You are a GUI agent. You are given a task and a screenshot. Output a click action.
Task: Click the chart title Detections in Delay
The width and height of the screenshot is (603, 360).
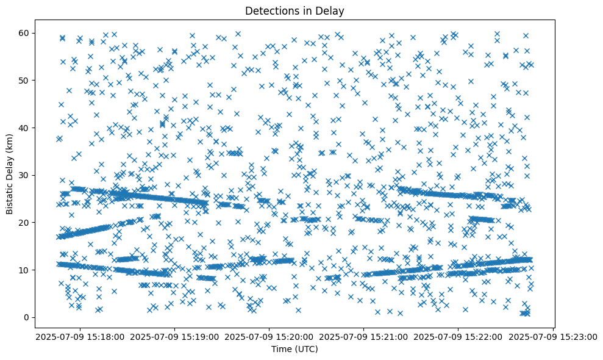[x=295, y=10]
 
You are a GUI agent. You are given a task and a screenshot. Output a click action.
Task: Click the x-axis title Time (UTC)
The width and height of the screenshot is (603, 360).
[x=295, y=350]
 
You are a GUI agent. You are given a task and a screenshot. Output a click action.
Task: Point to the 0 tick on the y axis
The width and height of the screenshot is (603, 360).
[x=27, y=317]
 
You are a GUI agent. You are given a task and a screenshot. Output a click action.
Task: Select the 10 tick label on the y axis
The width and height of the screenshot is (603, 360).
[x=24, y=270]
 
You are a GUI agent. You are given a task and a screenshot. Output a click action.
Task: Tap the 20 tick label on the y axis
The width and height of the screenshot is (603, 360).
[x=24, y=223]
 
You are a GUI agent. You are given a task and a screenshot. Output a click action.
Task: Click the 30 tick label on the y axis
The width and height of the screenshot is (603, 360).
[x=24, y=175]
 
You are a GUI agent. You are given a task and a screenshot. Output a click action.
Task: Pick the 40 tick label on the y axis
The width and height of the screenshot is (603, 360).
[x=24, y=128]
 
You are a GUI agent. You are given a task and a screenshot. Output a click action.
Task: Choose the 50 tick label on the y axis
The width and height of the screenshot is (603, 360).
[x=24, y=80]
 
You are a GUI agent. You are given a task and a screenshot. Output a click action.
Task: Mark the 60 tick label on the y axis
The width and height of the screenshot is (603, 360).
[x=24, y=33]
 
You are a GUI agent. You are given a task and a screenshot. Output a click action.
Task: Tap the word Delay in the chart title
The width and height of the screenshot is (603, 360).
[x=332, y=10]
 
